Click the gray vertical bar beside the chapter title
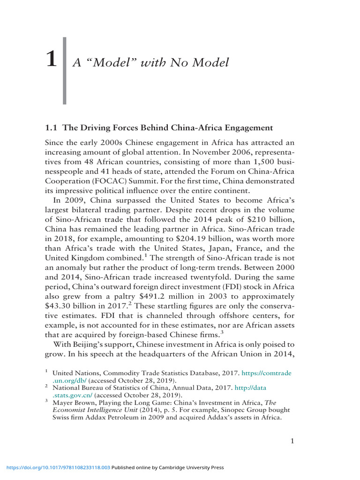pos(65,70)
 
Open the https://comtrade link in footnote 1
pos(269,373)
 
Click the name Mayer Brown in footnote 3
pos(74,402)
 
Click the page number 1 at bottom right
pos(292,441)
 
